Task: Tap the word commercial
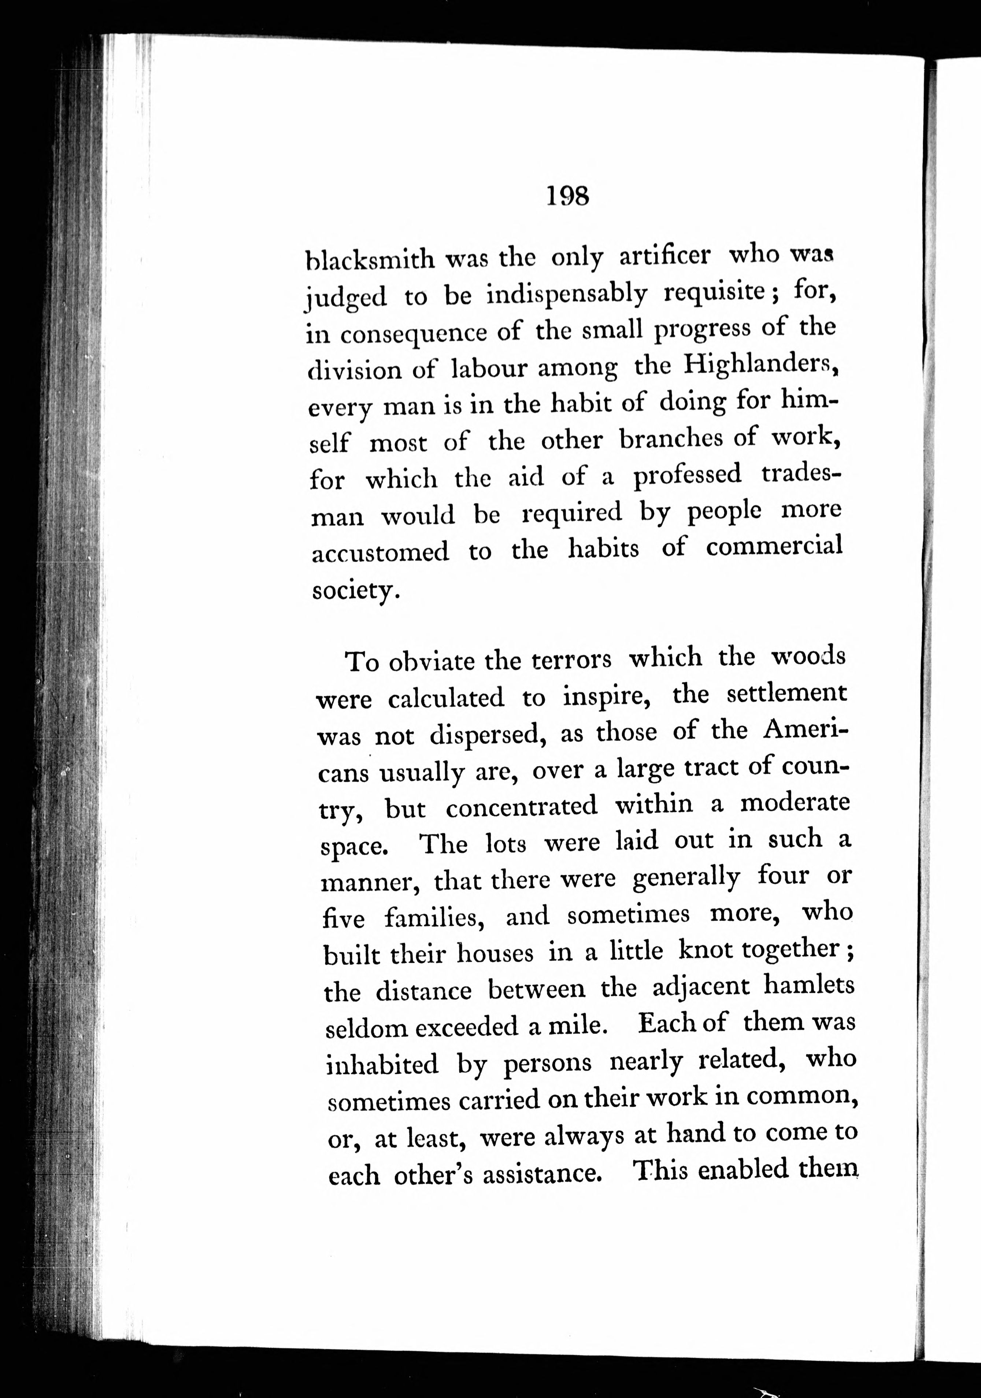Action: (x=774, y=547)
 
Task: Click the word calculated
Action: (x=446, y=698)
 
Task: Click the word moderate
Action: (x=794, y=803)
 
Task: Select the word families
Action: (x=434, y=916)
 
